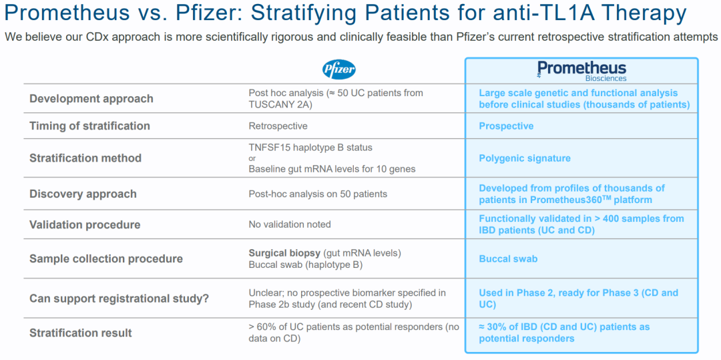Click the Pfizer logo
339,70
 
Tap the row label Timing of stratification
89,126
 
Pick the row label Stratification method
85,158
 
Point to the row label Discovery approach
83,194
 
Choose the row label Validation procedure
85,225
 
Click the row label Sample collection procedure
106,259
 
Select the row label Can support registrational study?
119,299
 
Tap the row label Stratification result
81,333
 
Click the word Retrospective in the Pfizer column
278,126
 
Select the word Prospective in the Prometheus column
506,126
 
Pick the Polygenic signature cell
525,158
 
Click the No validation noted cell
290,225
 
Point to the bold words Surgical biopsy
284,253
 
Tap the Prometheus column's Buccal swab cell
508,259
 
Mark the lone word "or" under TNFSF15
252,158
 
